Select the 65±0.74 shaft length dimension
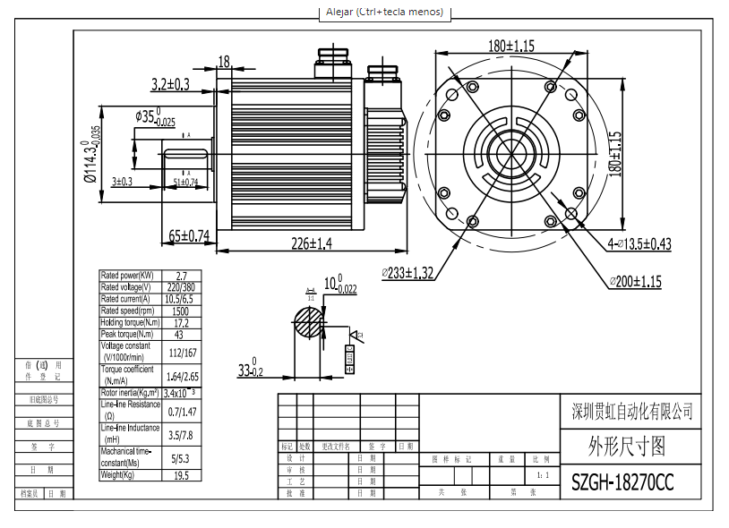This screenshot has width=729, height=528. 189,236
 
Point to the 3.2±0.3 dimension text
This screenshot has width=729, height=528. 170,84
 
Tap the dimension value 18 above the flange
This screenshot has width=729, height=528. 223,62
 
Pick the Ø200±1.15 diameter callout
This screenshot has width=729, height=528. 635,281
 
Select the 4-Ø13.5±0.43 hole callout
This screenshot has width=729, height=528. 639,243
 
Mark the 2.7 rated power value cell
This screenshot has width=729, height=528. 181,276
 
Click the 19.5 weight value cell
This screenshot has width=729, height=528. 181,475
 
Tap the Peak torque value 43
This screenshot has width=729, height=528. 181,334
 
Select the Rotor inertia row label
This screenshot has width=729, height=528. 129,393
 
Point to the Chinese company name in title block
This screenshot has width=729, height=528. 631,412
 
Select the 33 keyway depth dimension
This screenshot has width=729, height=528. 250,370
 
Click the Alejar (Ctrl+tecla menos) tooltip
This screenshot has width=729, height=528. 384,13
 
